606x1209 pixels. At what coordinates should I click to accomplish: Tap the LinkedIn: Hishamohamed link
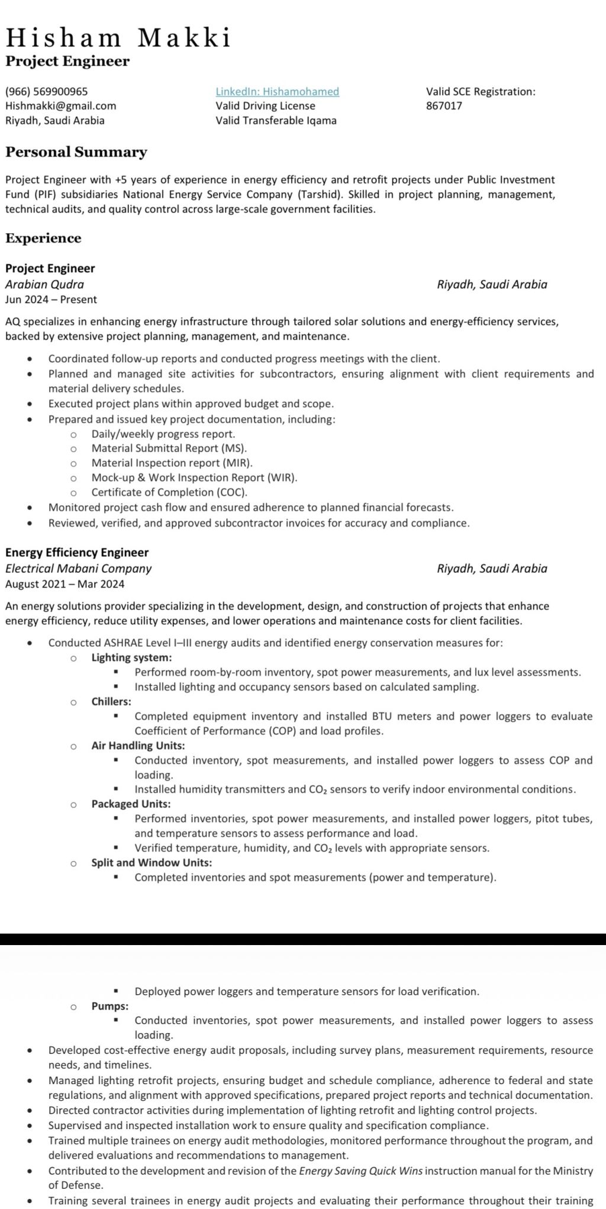[277, 92]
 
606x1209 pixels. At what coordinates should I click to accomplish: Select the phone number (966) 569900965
[47, 92]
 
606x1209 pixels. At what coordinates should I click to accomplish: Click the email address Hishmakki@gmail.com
[60, 106]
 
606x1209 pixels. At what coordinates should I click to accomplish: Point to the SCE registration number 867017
[444, 106]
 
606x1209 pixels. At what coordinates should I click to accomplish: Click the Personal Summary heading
[76, 152]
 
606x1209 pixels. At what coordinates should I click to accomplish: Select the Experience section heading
[43, 238]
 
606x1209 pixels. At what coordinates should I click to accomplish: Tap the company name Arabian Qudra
[44, 284]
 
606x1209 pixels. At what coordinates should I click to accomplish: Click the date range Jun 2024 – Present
[51, 299]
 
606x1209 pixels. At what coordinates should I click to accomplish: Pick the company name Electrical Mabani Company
[78, 568]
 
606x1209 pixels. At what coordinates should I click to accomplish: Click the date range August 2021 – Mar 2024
[65, 584]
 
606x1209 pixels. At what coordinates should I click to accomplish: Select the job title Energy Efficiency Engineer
[77, 552]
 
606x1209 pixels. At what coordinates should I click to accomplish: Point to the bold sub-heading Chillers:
[111, 701]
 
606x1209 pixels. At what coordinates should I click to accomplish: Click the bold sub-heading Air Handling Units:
[138, 746]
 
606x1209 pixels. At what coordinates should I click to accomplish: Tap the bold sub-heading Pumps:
[109, 1006]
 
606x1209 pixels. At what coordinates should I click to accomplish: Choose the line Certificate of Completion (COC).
[169, 492]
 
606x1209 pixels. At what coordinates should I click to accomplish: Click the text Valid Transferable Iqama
[276, 121]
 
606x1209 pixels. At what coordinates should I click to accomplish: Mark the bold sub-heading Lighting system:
[131, 657]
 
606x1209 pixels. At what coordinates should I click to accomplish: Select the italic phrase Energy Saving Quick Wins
[361, 1171]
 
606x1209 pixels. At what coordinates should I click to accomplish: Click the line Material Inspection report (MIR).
[172, 463]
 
